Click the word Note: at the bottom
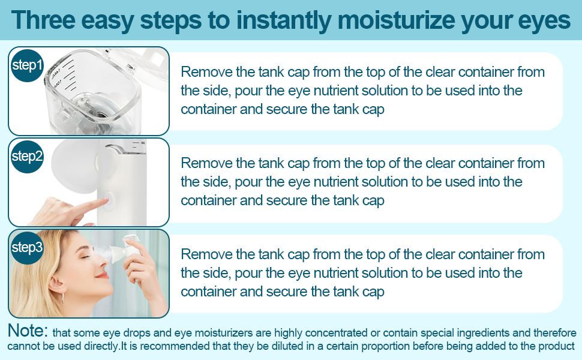coord(27,331)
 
